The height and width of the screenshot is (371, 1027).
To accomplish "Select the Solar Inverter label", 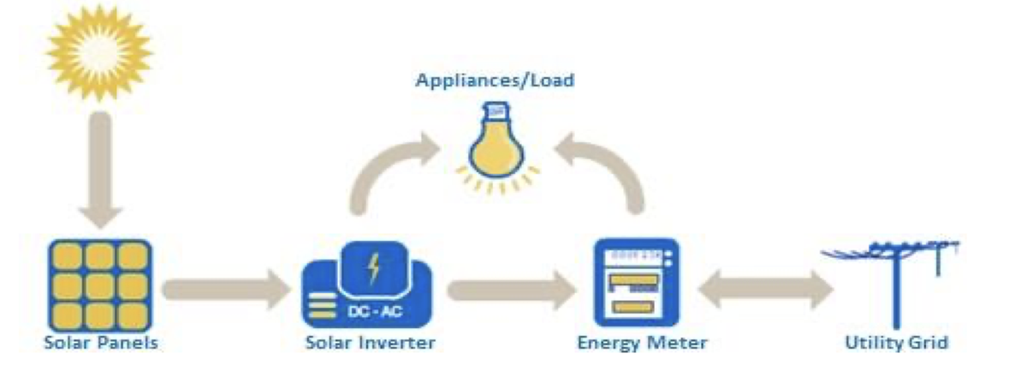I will [x=371, y=344].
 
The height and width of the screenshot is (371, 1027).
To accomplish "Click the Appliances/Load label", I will [x=495, y=81].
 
